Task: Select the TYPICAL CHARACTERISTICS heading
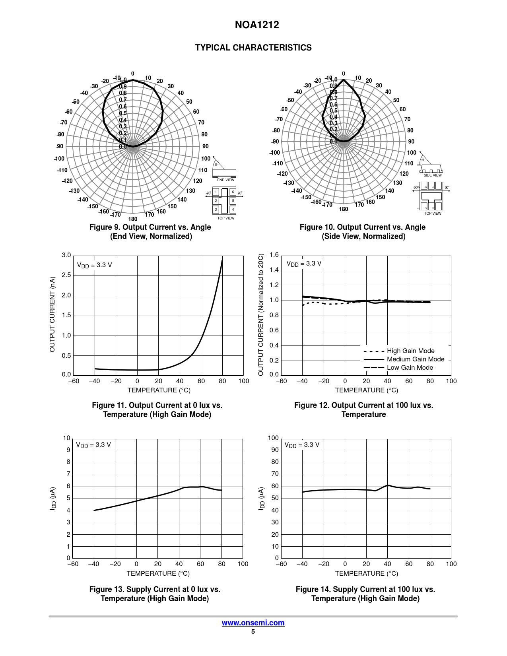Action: coord(253,48)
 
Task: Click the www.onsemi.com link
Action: coord(253,623)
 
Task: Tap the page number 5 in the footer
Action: coord(253,632)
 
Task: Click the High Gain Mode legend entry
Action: coord(410,351)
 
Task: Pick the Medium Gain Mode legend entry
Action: coord(415,359)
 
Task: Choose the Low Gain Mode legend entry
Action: coord(410,368)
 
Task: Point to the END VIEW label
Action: coord(225,180)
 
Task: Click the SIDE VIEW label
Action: coord(432,175)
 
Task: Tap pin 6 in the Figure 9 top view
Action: coord(233,192)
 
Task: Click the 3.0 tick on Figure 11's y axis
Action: coord(66,255)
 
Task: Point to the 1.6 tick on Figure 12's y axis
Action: coord(274,255)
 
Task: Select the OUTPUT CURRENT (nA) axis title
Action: coord(52,314)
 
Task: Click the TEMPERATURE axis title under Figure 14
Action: coord(366,573)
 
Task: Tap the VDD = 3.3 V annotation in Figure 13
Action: coord(93,445)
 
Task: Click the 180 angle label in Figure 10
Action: coord(344,209)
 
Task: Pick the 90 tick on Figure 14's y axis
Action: coord(275,450)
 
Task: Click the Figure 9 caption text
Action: coord(150,232)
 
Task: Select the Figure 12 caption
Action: coord(363,410)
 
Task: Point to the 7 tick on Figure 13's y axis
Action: coord(68,474)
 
